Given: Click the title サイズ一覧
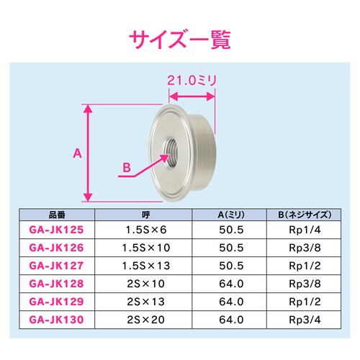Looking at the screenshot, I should pyautogui.click(x=179, y=38).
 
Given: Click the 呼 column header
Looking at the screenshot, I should pyautogui.click(x=145, y=214).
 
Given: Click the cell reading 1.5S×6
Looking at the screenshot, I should pyautogui.click(x=145, y=230).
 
